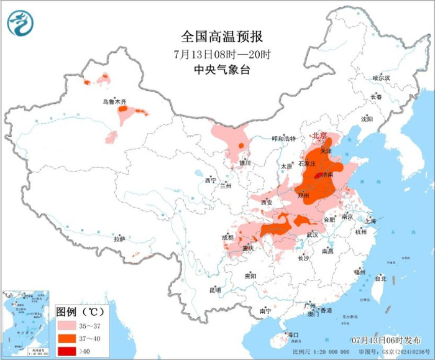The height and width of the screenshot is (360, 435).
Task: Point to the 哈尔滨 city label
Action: click(x=380, y=78)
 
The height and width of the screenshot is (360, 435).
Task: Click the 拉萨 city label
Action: click(x=119, y=239)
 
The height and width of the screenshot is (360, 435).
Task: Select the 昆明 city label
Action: click(x=215, y=290)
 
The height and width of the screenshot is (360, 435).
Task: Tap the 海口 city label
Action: click(x=293, y=335)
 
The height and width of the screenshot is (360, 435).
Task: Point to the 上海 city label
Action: click(x=370, y=220)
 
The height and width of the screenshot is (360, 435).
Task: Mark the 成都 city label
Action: click(x=227, y=238)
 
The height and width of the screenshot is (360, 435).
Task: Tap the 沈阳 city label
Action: click(x=367, y=119)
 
